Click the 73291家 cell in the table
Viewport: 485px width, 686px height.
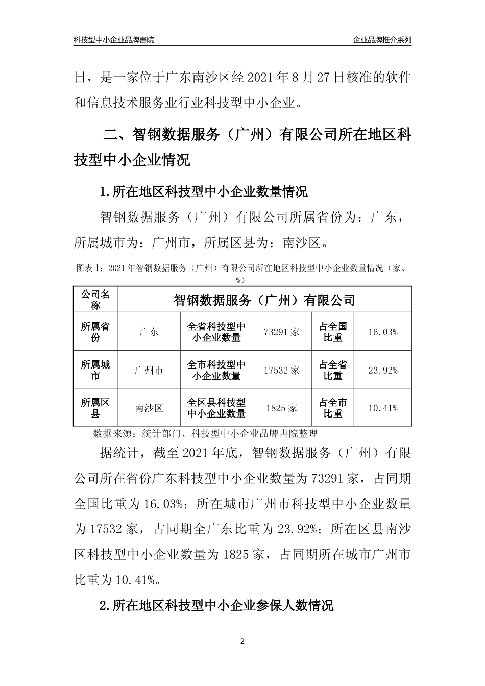click(282, 332)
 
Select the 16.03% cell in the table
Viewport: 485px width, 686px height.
click(382, 332)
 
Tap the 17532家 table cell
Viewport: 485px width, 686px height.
click(282, 370)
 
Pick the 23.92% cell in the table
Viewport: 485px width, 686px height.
click(382, 370)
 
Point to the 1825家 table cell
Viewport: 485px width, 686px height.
click(282, 408)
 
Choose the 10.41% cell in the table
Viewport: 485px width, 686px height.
click(382, 408)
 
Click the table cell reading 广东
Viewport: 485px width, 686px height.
click(149, 332)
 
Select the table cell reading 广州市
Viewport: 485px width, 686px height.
click(149, 370)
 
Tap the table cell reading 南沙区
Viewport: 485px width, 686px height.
click(149, 408)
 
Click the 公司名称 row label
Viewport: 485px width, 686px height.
click(95, 300)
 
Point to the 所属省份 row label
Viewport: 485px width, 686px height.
click(95, 332)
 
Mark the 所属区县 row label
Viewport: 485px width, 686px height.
click(95, 408)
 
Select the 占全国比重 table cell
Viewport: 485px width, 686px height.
click(333, 332)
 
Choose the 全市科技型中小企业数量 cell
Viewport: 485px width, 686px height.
click(216, 370)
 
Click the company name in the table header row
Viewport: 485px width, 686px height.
click(264, 300)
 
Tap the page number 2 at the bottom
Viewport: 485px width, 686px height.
click(243, 641)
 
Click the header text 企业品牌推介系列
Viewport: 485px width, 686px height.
click(382, 40)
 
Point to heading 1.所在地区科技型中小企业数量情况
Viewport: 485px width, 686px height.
click(204, 192)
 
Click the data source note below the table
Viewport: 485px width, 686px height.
click(205, 434)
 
